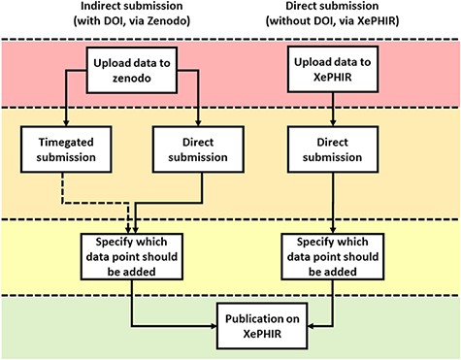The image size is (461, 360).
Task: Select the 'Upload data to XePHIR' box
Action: click(332, 71)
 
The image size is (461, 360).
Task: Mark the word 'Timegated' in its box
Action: click(60, 145)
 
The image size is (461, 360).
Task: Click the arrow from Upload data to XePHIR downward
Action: click(333, 110)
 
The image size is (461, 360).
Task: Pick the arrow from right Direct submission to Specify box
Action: click(333, 199)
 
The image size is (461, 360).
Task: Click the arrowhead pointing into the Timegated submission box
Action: click(60, 122)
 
